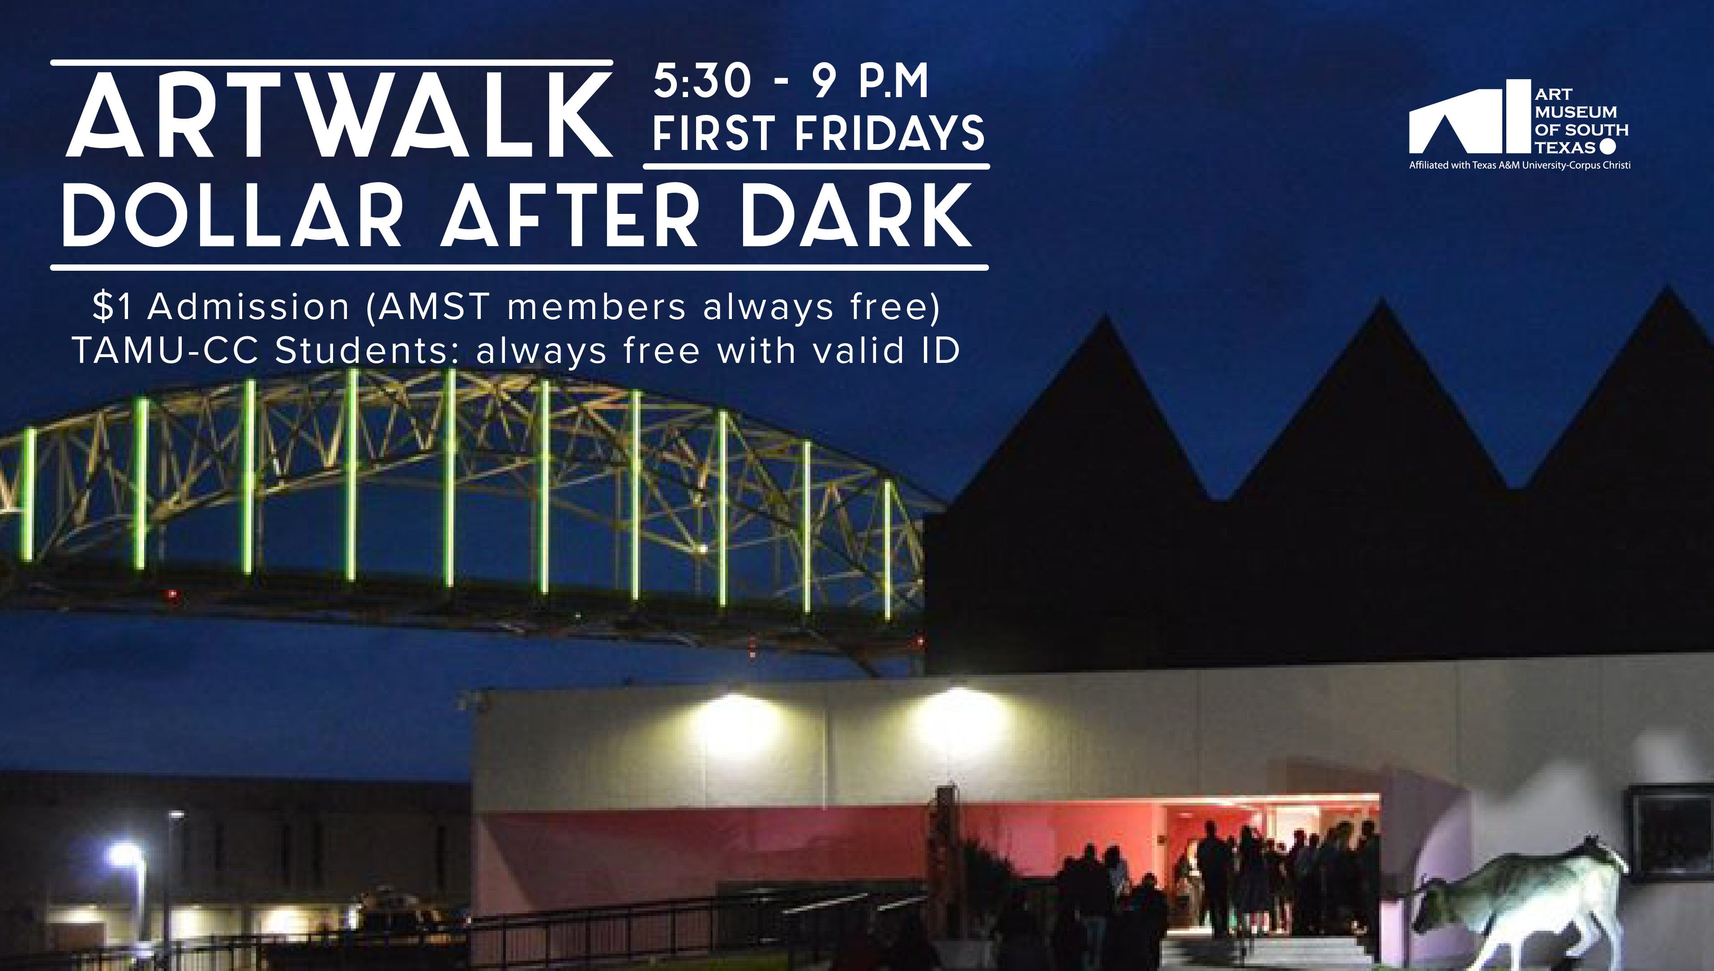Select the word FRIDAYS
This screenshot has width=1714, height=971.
(890, 133)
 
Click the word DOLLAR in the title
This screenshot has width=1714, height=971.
(231, 215)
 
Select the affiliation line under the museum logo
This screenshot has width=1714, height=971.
(1519, 165)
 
